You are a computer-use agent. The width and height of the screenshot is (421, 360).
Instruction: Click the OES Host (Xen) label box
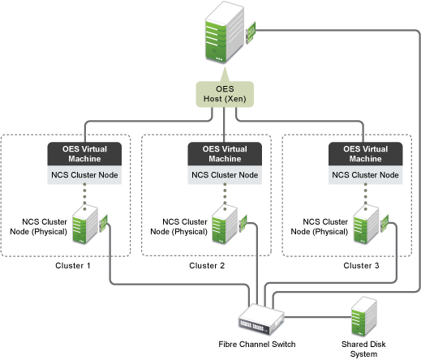(x=225, y=94)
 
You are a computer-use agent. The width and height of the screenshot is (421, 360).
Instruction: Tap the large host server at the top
(x=225, y=32)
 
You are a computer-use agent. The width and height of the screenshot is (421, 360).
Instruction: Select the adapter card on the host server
(x=251, y=32)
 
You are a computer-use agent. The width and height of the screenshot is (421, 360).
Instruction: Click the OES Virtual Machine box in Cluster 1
(x=84, y=154)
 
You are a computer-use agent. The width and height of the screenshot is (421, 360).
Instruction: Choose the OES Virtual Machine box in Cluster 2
(x=225, y=154)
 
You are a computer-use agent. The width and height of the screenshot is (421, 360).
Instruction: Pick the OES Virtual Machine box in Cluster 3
(x=365, y=154)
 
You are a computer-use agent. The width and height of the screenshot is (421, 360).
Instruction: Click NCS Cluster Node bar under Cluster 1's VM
(x=84, y=175)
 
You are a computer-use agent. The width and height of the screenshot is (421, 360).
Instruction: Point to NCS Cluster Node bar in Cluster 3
(x=365, y=175)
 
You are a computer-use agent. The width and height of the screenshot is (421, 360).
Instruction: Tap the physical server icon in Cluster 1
(x=85, y=225)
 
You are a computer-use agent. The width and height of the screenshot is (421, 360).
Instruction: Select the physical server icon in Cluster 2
(x=225, y=225)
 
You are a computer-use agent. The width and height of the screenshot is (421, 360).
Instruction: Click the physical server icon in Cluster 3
(x=366, y=225)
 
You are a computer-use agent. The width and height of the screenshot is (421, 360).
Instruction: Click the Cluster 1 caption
(x=73, y=266)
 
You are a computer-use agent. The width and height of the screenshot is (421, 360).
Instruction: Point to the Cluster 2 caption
(x=207, y=266)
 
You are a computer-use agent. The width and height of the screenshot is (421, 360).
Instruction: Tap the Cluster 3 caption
(x=361, y=266)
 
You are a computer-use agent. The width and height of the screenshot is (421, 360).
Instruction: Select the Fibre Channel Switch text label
(x=257, y=344)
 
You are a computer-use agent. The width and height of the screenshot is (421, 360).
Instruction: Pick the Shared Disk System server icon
(x=364, y=316)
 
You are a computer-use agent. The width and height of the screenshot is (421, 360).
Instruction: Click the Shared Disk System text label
(x=363, y=349)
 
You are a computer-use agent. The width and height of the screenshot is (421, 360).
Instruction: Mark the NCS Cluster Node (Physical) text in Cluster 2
(x=178, y=226)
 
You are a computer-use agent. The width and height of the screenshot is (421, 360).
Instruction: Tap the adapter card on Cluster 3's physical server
(x=384, y=223)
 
